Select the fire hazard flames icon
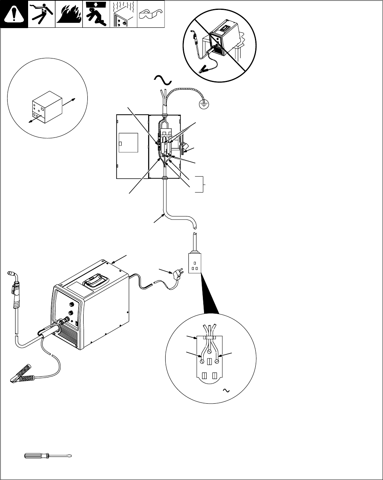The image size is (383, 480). pos(68,14)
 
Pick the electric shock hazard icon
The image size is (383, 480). pos(42,14)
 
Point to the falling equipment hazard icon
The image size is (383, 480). pos(96,14)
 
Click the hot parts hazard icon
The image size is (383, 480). pos(123,14)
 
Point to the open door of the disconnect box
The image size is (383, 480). pos(131,146)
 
